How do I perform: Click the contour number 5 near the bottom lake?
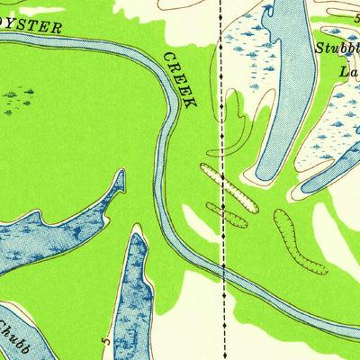coord(108,342)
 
